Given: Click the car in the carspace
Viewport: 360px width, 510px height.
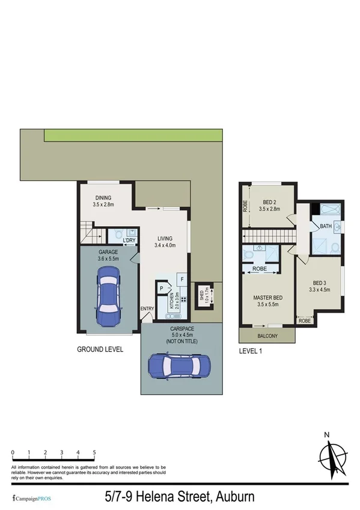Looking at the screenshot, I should pyautogui.click(x=179, y=364).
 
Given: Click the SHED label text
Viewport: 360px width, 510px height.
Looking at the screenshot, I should pyautogui.click(x=202, y=297).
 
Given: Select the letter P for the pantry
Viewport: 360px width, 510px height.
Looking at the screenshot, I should pyautogui.click(x=162, y=289).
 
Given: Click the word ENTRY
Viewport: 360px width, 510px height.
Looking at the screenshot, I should pyautogui.click(x=147, y=310).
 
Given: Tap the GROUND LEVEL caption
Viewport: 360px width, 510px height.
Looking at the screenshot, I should pyautogui.click(x=100, y=349).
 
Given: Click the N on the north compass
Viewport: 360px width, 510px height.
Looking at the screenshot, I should pyautogui.click(x=326, y=435).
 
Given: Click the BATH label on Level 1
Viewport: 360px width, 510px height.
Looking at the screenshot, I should pyautogui.click(x=326, y=226).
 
